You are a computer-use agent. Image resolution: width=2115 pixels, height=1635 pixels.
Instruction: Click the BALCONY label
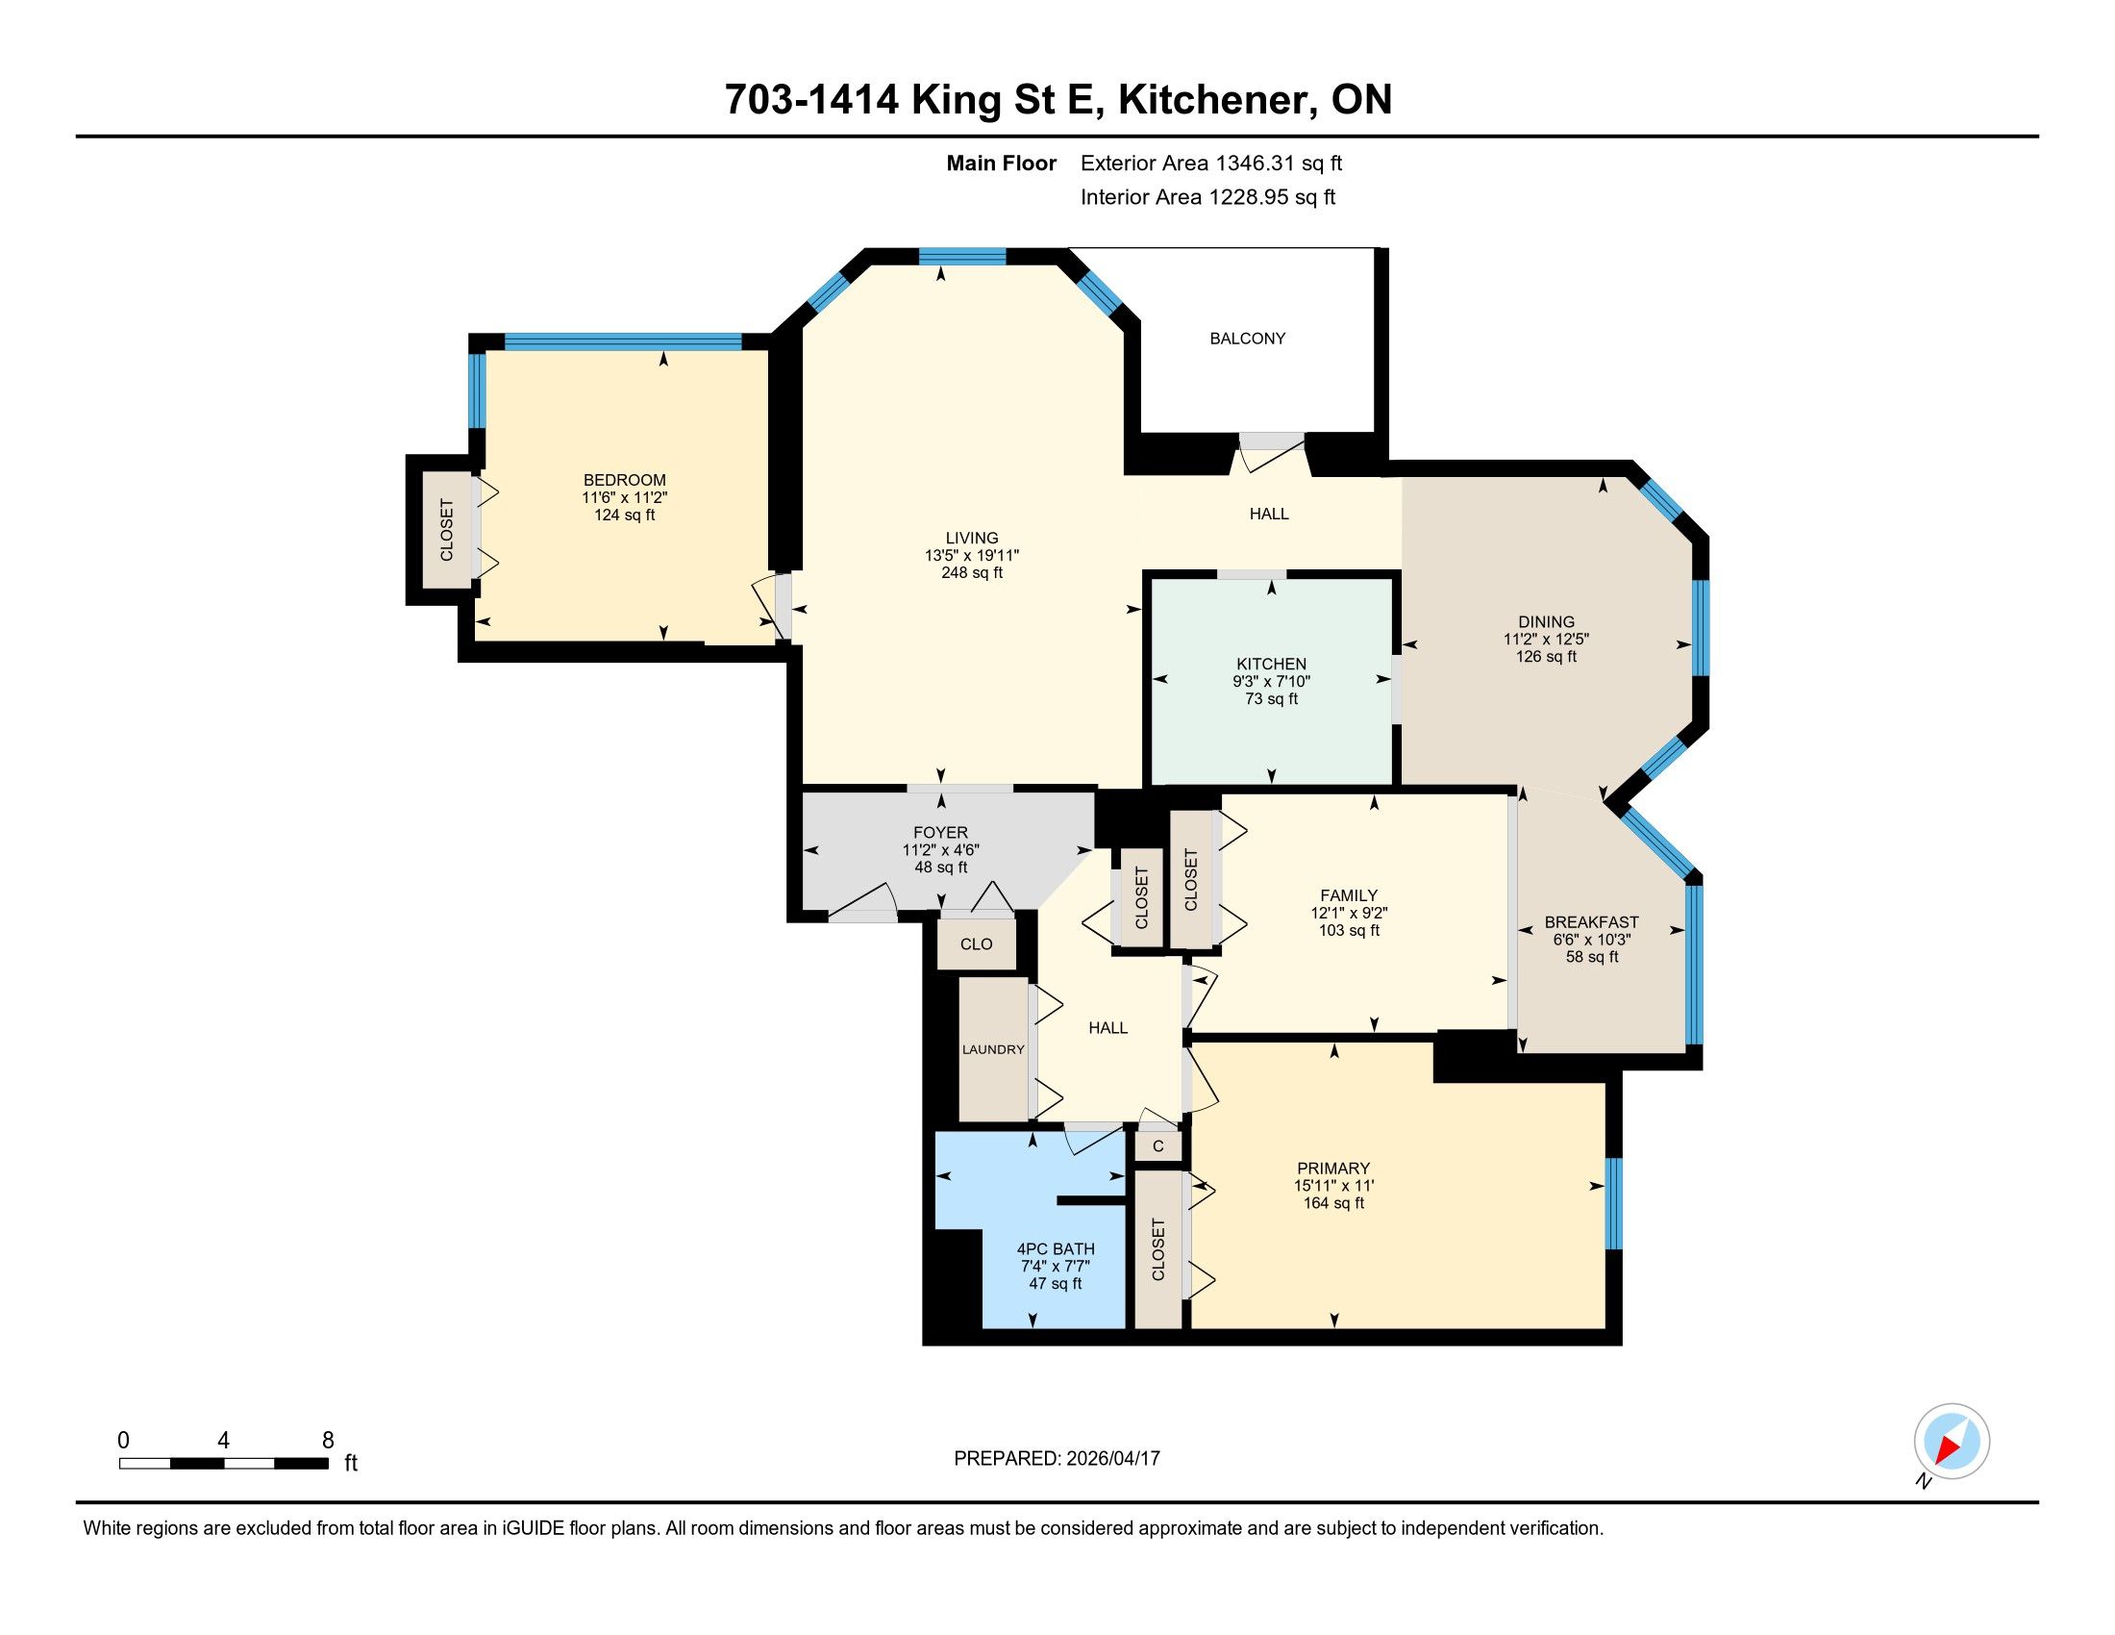1247,338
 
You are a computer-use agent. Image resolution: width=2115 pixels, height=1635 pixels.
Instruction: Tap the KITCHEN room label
1272,664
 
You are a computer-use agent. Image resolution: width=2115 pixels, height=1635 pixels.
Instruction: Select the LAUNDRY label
993,1049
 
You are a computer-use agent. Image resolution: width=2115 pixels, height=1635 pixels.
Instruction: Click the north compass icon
1952,1441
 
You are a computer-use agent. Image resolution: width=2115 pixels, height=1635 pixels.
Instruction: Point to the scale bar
224,1463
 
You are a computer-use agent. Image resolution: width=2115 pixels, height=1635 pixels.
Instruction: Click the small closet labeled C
1158,1146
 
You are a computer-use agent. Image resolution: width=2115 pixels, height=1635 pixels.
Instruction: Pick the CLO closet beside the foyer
976,943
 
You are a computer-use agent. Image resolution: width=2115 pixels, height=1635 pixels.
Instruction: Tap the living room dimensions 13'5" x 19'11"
971,555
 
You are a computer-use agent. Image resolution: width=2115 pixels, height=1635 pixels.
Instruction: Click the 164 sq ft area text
1333,1203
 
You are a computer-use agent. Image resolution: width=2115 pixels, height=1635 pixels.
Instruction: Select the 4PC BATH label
1056,1248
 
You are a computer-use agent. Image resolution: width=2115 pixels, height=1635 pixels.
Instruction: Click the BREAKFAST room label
1591,922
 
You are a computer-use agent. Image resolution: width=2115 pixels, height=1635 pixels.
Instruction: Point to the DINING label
1546,622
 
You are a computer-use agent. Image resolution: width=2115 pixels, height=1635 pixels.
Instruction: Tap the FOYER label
940,832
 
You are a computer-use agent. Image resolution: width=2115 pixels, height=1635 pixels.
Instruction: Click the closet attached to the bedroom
446,530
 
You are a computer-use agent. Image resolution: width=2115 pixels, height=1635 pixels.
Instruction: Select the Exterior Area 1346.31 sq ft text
1211,163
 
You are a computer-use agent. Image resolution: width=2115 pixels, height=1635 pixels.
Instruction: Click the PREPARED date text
1057,1458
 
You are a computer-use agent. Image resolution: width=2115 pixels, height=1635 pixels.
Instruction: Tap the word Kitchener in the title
1217,99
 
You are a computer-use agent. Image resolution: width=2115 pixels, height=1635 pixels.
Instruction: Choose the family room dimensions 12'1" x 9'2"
1349,913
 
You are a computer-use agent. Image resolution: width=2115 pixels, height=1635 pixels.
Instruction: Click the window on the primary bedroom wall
1613,1203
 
